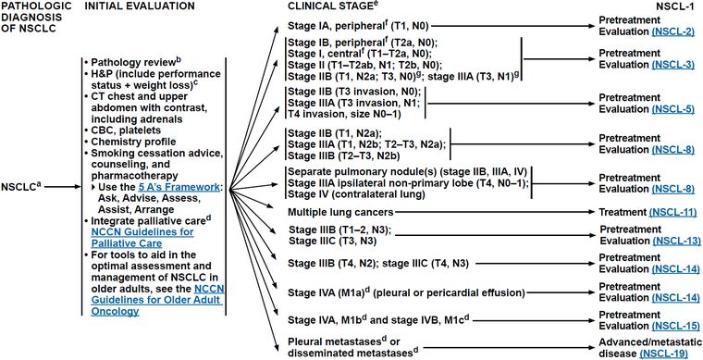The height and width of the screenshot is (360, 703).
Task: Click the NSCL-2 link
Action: (x=672, y=31)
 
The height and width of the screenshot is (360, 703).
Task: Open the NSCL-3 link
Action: (x=672, y=65)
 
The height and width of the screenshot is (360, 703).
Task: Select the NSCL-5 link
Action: (x=672, y=109)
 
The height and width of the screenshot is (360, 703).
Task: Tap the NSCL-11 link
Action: (x=672, y=211)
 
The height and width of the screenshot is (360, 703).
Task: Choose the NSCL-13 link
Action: (x=675, y=242)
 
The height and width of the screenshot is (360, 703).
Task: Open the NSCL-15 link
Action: (x=675, y=325)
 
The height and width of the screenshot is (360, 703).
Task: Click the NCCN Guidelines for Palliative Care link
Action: (x=142, y=237)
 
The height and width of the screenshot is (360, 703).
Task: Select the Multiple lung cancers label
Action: (x=341, y=211)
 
